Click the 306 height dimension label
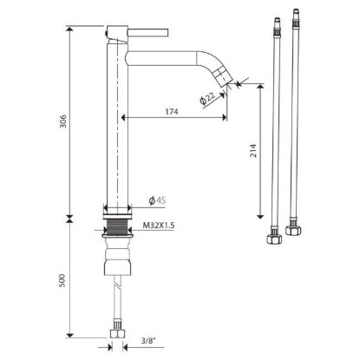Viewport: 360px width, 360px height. (x=63, y=121)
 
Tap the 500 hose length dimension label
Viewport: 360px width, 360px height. (x=62, y=280)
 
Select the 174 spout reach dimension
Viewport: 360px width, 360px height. (x=172, y=111)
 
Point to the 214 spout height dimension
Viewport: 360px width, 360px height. (x=253, y=150)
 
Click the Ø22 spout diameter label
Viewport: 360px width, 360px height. (x=208, y=98)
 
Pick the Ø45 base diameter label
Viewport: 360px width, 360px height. (x=158, y=200)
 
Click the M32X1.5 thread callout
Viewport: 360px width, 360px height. (x=159, y=226)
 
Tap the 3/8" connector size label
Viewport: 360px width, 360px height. (x=148, y=341)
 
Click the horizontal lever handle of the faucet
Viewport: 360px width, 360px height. (x=147, y=32)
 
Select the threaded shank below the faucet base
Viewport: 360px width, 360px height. (x=117, y=226)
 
